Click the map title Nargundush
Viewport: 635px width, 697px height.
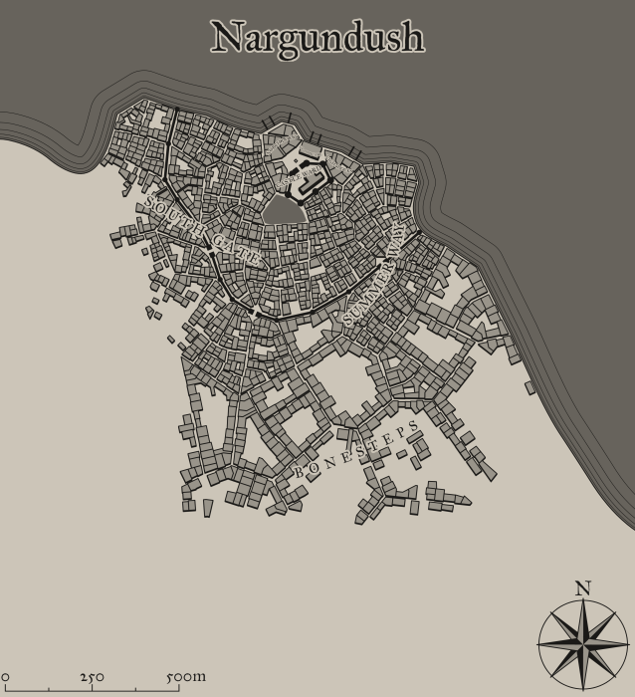point(317,38)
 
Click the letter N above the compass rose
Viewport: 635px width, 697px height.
point(583,588)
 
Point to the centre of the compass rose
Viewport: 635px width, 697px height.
point(583,643)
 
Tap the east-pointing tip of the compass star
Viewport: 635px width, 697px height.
point(628,643)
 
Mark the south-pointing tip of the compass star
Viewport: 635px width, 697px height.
point(583,688)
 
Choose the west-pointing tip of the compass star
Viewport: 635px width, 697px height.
point(538,643)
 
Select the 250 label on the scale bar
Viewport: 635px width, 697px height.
point(92,677)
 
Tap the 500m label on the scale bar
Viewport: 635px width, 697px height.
point(186,677)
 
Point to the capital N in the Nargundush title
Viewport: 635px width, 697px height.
point(227,38)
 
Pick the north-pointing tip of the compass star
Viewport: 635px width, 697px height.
point(583,599)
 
